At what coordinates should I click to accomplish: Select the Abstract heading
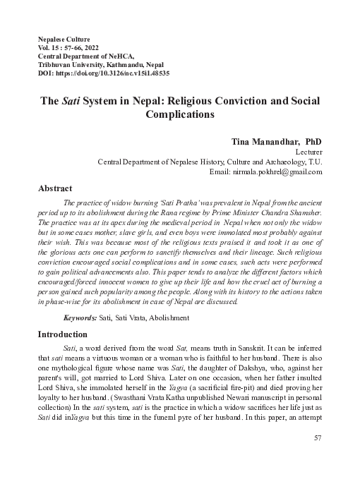click(54, 189)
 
